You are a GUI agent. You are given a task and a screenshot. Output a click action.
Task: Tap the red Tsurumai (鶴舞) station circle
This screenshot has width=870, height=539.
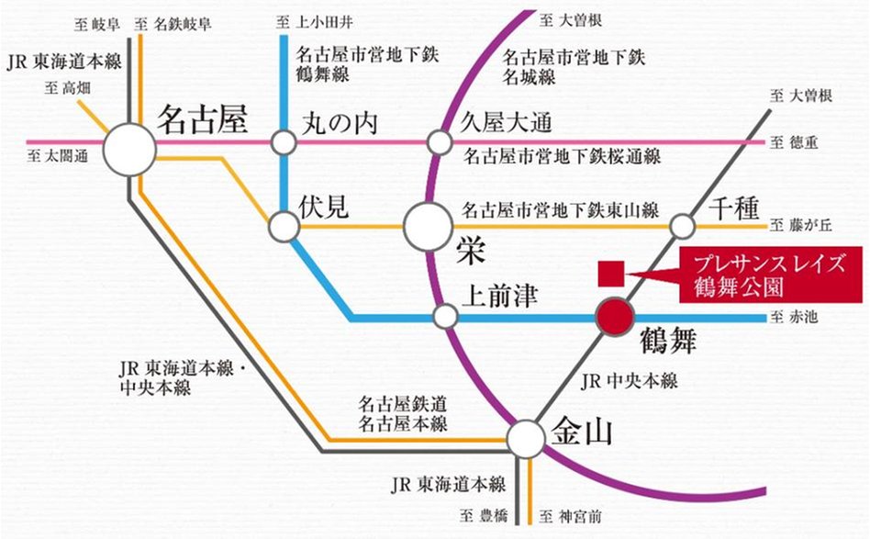(614, 317)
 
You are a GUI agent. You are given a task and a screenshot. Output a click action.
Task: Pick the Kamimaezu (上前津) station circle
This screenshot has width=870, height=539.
(445, 317)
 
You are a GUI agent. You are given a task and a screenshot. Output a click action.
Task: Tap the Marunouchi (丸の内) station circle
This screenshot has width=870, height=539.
(283, 143)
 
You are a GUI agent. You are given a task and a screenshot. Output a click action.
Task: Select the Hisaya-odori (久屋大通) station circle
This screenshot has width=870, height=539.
(440, 143)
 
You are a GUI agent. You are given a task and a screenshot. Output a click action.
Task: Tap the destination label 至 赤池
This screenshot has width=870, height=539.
(797, 318)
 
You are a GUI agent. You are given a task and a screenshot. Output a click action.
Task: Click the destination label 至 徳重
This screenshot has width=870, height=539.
(797, 142)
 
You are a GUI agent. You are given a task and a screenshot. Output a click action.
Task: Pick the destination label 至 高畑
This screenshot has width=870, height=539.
(65, 88)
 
